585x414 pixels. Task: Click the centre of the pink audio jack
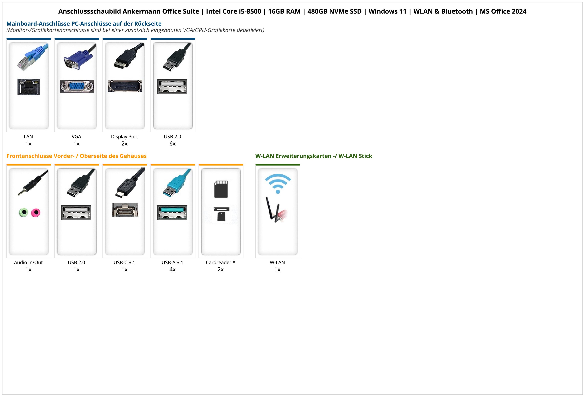point(36,212)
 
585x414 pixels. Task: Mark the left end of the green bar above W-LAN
point(255,165)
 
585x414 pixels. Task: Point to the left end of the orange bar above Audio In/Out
point(7,165)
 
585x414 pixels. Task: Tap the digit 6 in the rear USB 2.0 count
point(171,144)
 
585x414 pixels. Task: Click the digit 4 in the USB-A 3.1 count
point(171,269)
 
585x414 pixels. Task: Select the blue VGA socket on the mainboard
point(77,87)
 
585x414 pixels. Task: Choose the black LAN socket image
point(29,87)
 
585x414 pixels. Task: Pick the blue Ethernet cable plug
point(32,57)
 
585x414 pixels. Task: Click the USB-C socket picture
point(125,210)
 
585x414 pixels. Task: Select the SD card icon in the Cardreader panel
point(221,189)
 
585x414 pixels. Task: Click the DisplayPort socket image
point(125,86)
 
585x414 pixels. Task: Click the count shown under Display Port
point(124,144)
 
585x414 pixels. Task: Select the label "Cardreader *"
point(220,263)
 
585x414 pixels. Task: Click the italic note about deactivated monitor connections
point(135,30)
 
